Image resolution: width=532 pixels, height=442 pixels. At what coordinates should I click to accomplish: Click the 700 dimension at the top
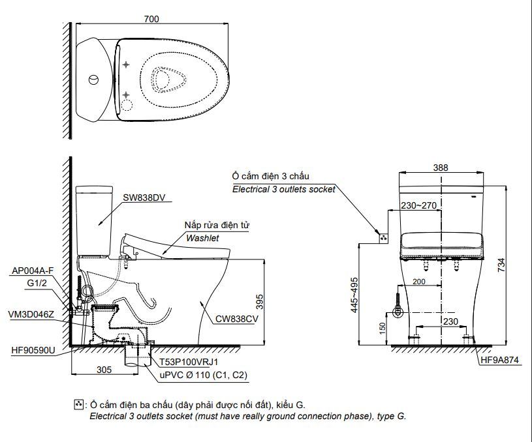151,19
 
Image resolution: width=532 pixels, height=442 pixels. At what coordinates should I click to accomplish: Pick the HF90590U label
33,350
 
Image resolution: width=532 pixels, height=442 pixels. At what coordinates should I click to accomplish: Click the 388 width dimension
441,167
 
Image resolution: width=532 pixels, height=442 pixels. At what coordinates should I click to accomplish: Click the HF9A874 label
499,359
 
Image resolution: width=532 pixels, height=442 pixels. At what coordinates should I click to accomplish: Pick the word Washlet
202,238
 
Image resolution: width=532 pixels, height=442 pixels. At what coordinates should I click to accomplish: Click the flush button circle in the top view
94,80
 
